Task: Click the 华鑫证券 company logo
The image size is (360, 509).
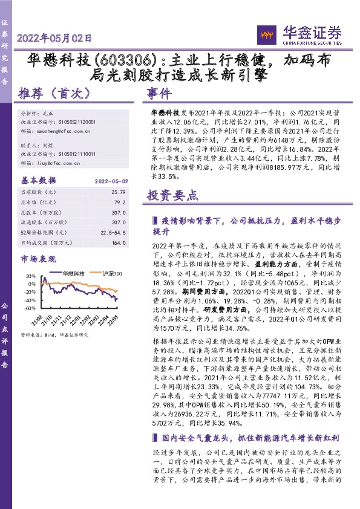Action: [308, 33]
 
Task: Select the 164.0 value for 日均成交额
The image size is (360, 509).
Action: [122, 243]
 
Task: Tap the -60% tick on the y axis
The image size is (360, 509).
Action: [29, 307]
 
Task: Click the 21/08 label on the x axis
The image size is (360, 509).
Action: [40, 319]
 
